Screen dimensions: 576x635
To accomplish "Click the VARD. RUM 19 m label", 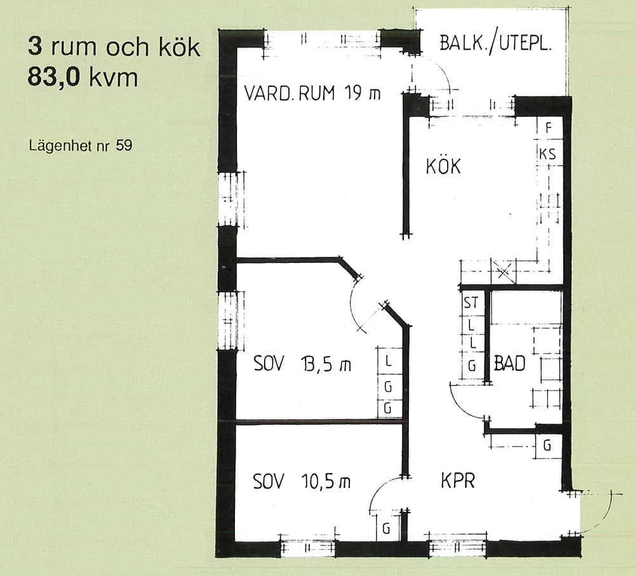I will click(312, 94).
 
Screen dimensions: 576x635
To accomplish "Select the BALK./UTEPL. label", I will click(496, 43).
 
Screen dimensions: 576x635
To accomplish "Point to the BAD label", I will click(509, 364).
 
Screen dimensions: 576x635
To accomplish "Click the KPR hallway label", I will click(458, 481).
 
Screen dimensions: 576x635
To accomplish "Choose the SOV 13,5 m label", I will click(302, 365).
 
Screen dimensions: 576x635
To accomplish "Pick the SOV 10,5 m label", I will click(302, 481).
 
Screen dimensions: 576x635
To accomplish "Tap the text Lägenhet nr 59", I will click(81, 146).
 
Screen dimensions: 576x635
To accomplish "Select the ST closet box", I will click(471, 303).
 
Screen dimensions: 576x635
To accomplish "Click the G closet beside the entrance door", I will click(547, 446).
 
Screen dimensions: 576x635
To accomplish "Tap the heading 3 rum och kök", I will click(114, 48).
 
